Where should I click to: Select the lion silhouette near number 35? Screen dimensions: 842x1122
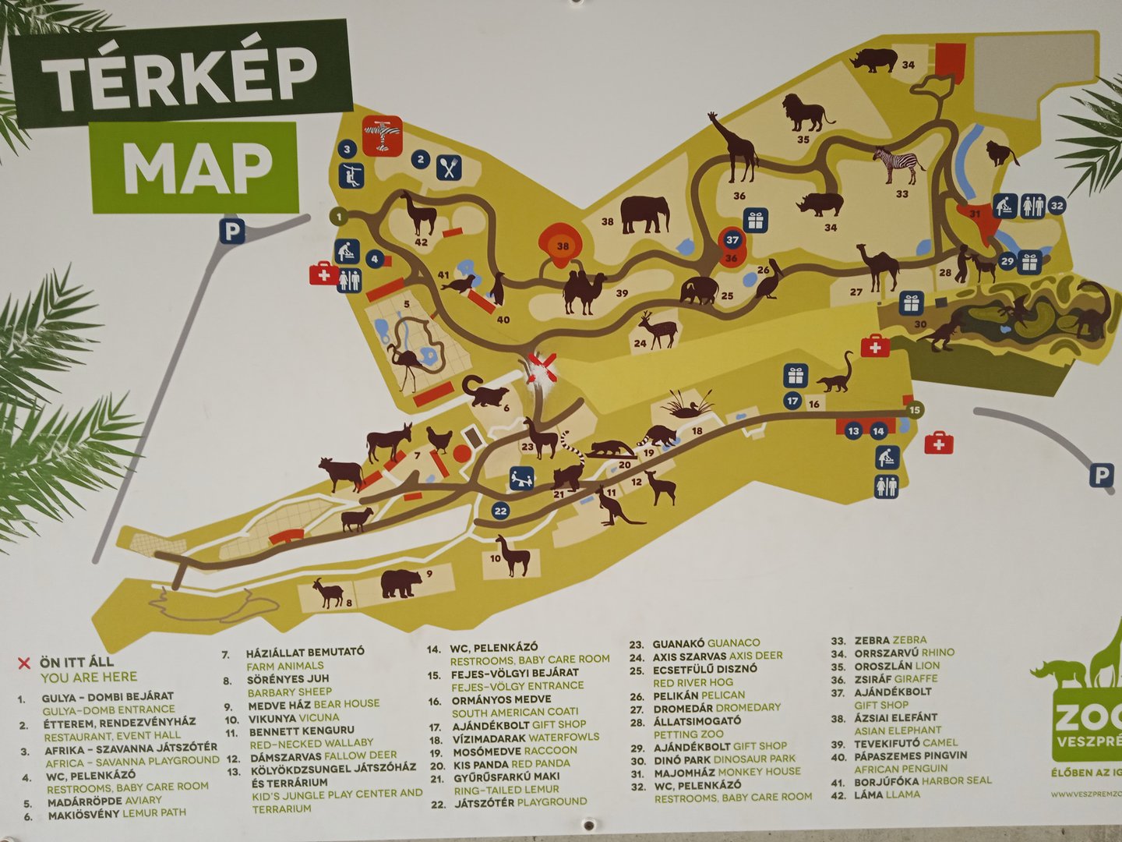pos(806,114)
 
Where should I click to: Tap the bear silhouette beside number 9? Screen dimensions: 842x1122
pos(401,582)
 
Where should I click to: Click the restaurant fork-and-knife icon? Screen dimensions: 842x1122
pos(449,167)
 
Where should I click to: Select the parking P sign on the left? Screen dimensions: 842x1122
pos(232,231)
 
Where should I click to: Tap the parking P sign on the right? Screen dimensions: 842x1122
pos(1101,475)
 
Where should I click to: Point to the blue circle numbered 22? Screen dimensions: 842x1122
pos(500,511)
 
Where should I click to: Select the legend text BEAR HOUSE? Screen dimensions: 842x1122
pos(346,703)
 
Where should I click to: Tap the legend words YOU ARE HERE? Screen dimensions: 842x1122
pos(89,677)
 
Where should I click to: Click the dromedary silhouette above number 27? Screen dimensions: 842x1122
pos(879,265)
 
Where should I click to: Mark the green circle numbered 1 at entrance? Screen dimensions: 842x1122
pos(339,216)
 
